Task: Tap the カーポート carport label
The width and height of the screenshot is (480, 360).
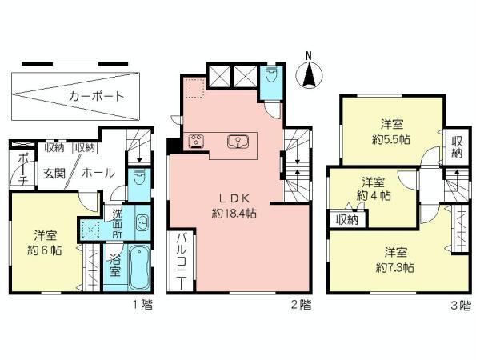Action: point(96,96)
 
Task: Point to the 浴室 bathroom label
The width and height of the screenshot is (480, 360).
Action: point(114,266)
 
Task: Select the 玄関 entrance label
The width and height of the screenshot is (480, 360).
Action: point(54,172)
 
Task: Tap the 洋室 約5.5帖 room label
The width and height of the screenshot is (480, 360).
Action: point(391,130)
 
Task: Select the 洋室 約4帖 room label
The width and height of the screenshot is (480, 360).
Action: point(373,188)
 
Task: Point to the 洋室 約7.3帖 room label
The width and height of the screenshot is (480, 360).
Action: point(391,258)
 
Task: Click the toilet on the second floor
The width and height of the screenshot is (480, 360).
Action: point(273,78)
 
